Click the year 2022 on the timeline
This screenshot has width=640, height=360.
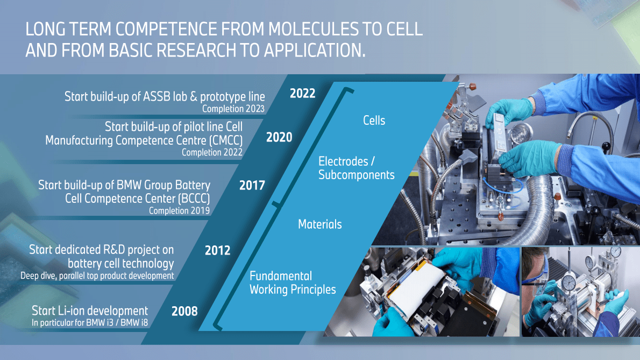click(302, 94)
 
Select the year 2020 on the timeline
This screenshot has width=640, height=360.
click(279, 137)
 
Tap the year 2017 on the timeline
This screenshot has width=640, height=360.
click(252, 186)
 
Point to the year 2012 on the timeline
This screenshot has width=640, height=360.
click(218, 250)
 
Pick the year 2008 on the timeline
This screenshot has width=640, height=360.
click(184, 312)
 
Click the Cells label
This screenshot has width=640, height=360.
click(374, 121)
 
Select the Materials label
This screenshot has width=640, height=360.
click(319, 224)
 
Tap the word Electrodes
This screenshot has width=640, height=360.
click(343, 161)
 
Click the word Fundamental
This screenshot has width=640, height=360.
click(281, 276)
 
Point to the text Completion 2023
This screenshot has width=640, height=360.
click(233, 109)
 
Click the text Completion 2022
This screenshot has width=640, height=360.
click(212, 152)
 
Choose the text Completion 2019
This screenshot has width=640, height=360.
click(179, 210)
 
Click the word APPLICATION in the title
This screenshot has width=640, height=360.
click(312, 51)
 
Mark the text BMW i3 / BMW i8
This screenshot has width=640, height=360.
click(117, 322)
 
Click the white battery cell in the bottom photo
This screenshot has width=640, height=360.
click(416, 290)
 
